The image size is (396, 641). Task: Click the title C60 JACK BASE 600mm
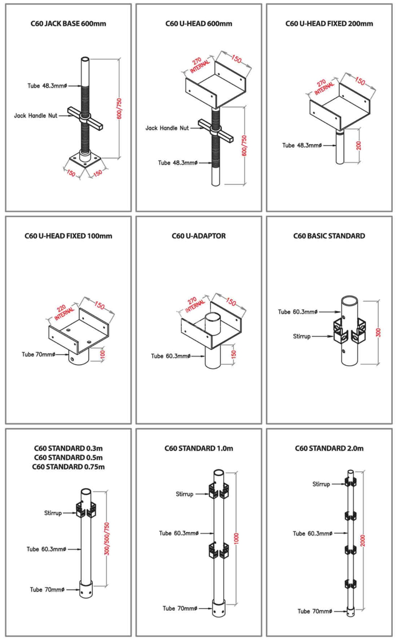68,24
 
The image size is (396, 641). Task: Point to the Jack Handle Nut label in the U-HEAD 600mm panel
167,128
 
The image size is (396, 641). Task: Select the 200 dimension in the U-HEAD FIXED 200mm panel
358,146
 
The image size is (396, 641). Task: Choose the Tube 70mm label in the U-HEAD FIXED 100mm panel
39,354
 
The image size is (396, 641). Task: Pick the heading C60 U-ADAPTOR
198,236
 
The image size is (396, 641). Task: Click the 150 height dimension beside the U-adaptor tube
233,354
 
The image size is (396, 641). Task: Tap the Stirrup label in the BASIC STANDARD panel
301,336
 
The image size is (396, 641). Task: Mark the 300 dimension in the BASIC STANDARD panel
378,332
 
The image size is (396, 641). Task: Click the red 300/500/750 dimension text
107,539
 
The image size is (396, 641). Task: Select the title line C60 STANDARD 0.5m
68,457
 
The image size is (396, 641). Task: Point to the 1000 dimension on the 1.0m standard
236,538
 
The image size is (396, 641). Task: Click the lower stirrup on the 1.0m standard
219,550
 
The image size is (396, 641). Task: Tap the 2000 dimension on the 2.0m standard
363,540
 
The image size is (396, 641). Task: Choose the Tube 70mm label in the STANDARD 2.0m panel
314,611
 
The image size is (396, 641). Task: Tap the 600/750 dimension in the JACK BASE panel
120,108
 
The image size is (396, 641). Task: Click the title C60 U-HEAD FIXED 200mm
329,24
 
